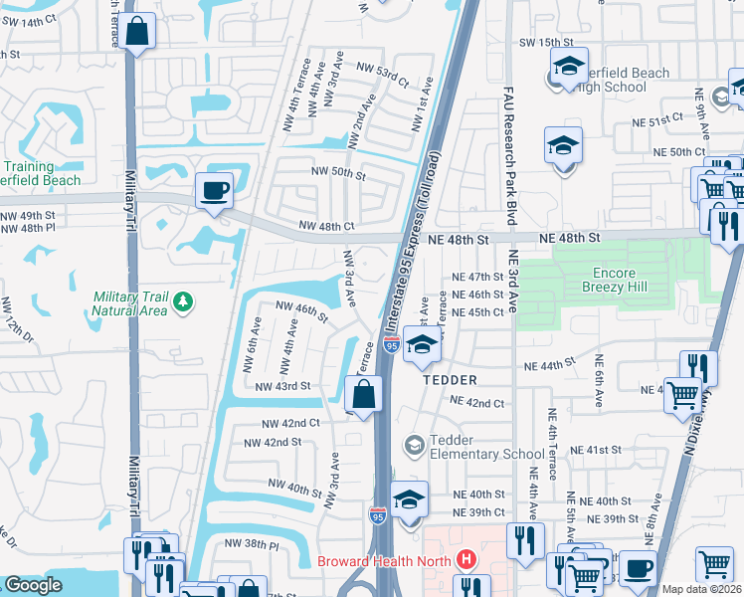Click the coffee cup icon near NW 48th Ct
(215, 189)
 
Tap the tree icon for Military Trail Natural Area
(181, 300)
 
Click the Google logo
(33, 585)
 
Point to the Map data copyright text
(701, 589)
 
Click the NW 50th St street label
(339, 173)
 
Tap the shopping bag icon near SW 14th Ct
(139, 30)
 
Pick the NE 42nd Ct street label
(478, 401)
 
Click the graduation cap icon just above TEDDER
(423, 346)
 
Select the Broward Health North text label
(382, 561)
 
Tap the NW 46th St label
(301, 311)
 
